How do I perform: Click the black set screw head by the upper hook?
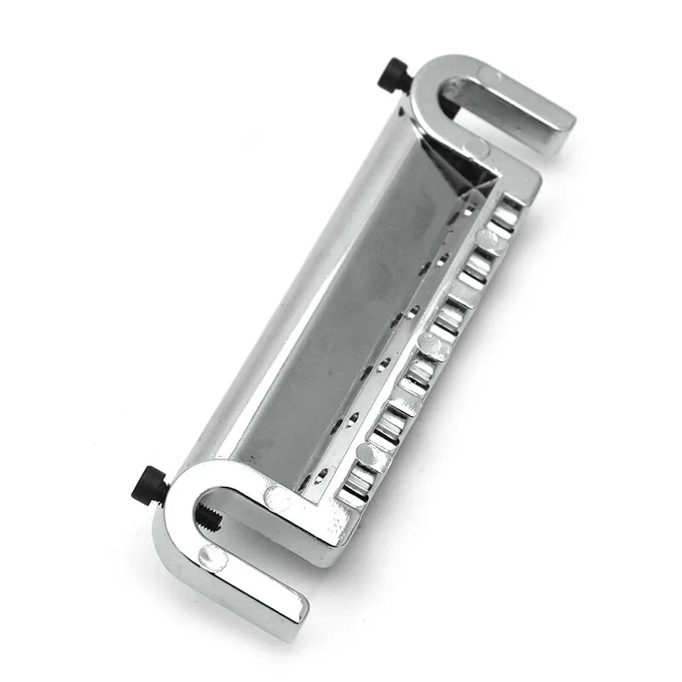tap(396, 76)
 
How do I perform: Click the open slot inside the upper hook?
tap(477, 102)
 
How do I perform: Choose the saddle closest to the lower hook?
tap(354, 486)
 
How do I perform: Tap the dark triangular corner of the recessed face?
tap(477, 175)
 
